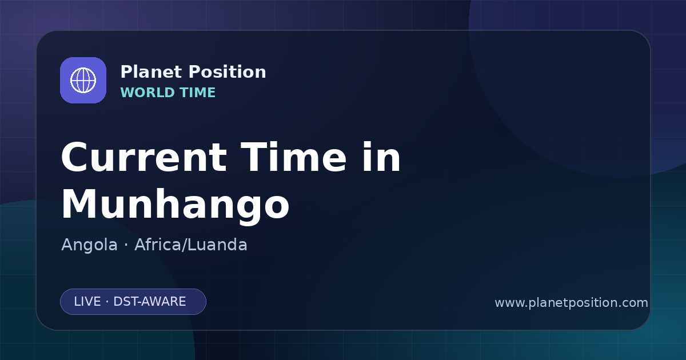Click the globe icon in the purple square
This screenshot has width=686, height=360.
pos(83,80)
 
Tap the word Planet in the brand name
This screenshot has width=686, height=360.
pos(151,72)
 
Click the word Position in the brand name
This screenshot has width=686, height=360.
pos(228,72)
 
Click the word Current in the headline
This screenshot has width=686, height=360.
pos(144,157)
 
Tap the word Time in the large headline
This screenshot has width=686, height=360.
pos(293,157)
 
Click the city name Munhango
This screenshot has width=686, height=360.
pos(175,205)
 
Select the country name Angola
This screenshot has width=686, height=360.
pos(89,245)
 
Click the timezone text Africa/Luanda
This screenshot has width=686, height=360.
pos(190,245)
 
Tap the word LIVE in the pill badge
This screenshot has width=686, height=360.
pos(87,302)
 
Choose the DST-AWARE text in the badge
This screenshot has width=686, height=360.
pos(149,302)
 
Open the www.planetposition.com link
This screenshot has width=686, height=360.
pos(571,303)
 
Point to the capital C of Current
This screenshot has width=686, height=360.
pos(75,158)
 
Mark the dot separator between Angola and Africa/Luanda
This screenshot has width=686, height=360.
pos(126,245)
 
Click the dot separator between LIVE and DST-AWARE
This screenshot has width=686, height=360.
pos(107,302)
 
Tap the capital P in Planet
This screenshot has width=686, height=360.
pos(126,72)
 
